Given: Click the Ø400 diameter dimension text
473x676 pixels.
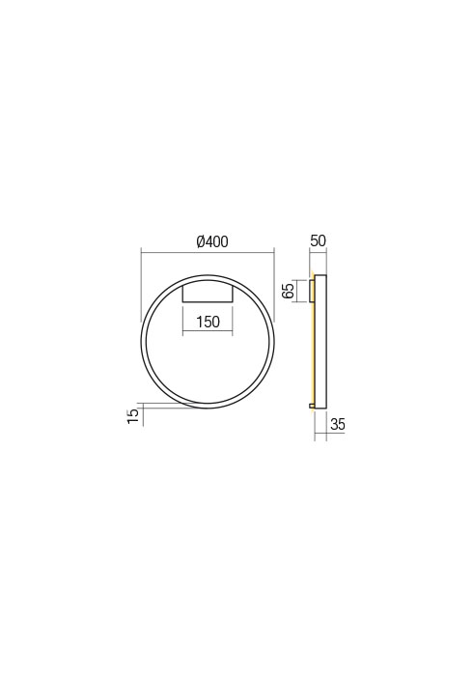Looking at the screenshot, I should point(211,241).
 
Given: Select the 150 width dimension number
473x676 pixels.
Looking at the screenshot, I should point(208,323).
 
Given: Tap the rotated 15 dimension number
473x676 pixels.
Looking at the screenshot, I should point(133,415).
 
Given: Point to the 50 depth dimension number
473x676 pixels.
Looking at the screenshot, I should point(319,241).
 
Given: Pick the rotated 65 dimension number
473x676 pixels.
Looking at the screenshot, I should point(289,291).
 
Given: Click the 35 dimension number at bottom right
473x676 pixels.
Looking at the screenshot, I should point(338,425).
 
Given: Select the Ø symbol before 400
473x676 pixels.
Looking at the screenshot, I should point(200,241).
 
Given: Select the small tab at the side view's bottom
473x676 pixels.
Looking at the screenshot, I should point(312,407).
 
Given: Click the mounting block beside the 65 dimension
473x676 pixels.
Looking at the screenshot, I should point(311,291).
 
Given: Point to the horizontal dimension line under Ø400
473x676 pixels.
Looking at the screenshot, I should point(208,252).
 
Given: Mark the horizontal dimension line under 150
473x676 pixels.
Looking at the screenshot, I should point(208,333).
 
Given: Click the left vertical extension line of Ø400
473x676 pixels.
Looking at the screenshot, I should point(141,285).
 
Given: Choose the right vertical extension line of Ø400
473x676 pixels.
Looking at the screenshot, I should point(274,285).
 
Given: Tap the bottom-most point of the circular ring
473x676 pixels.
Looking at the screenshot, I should point(208,407).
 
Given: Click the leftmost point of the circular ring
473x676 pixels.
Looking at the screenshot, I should point(142,340).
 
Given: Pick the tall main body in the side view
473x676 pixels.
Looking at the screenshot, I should point(321,340).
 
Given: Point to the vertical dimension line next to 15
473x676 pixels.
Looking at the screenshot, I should point(141,417).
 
